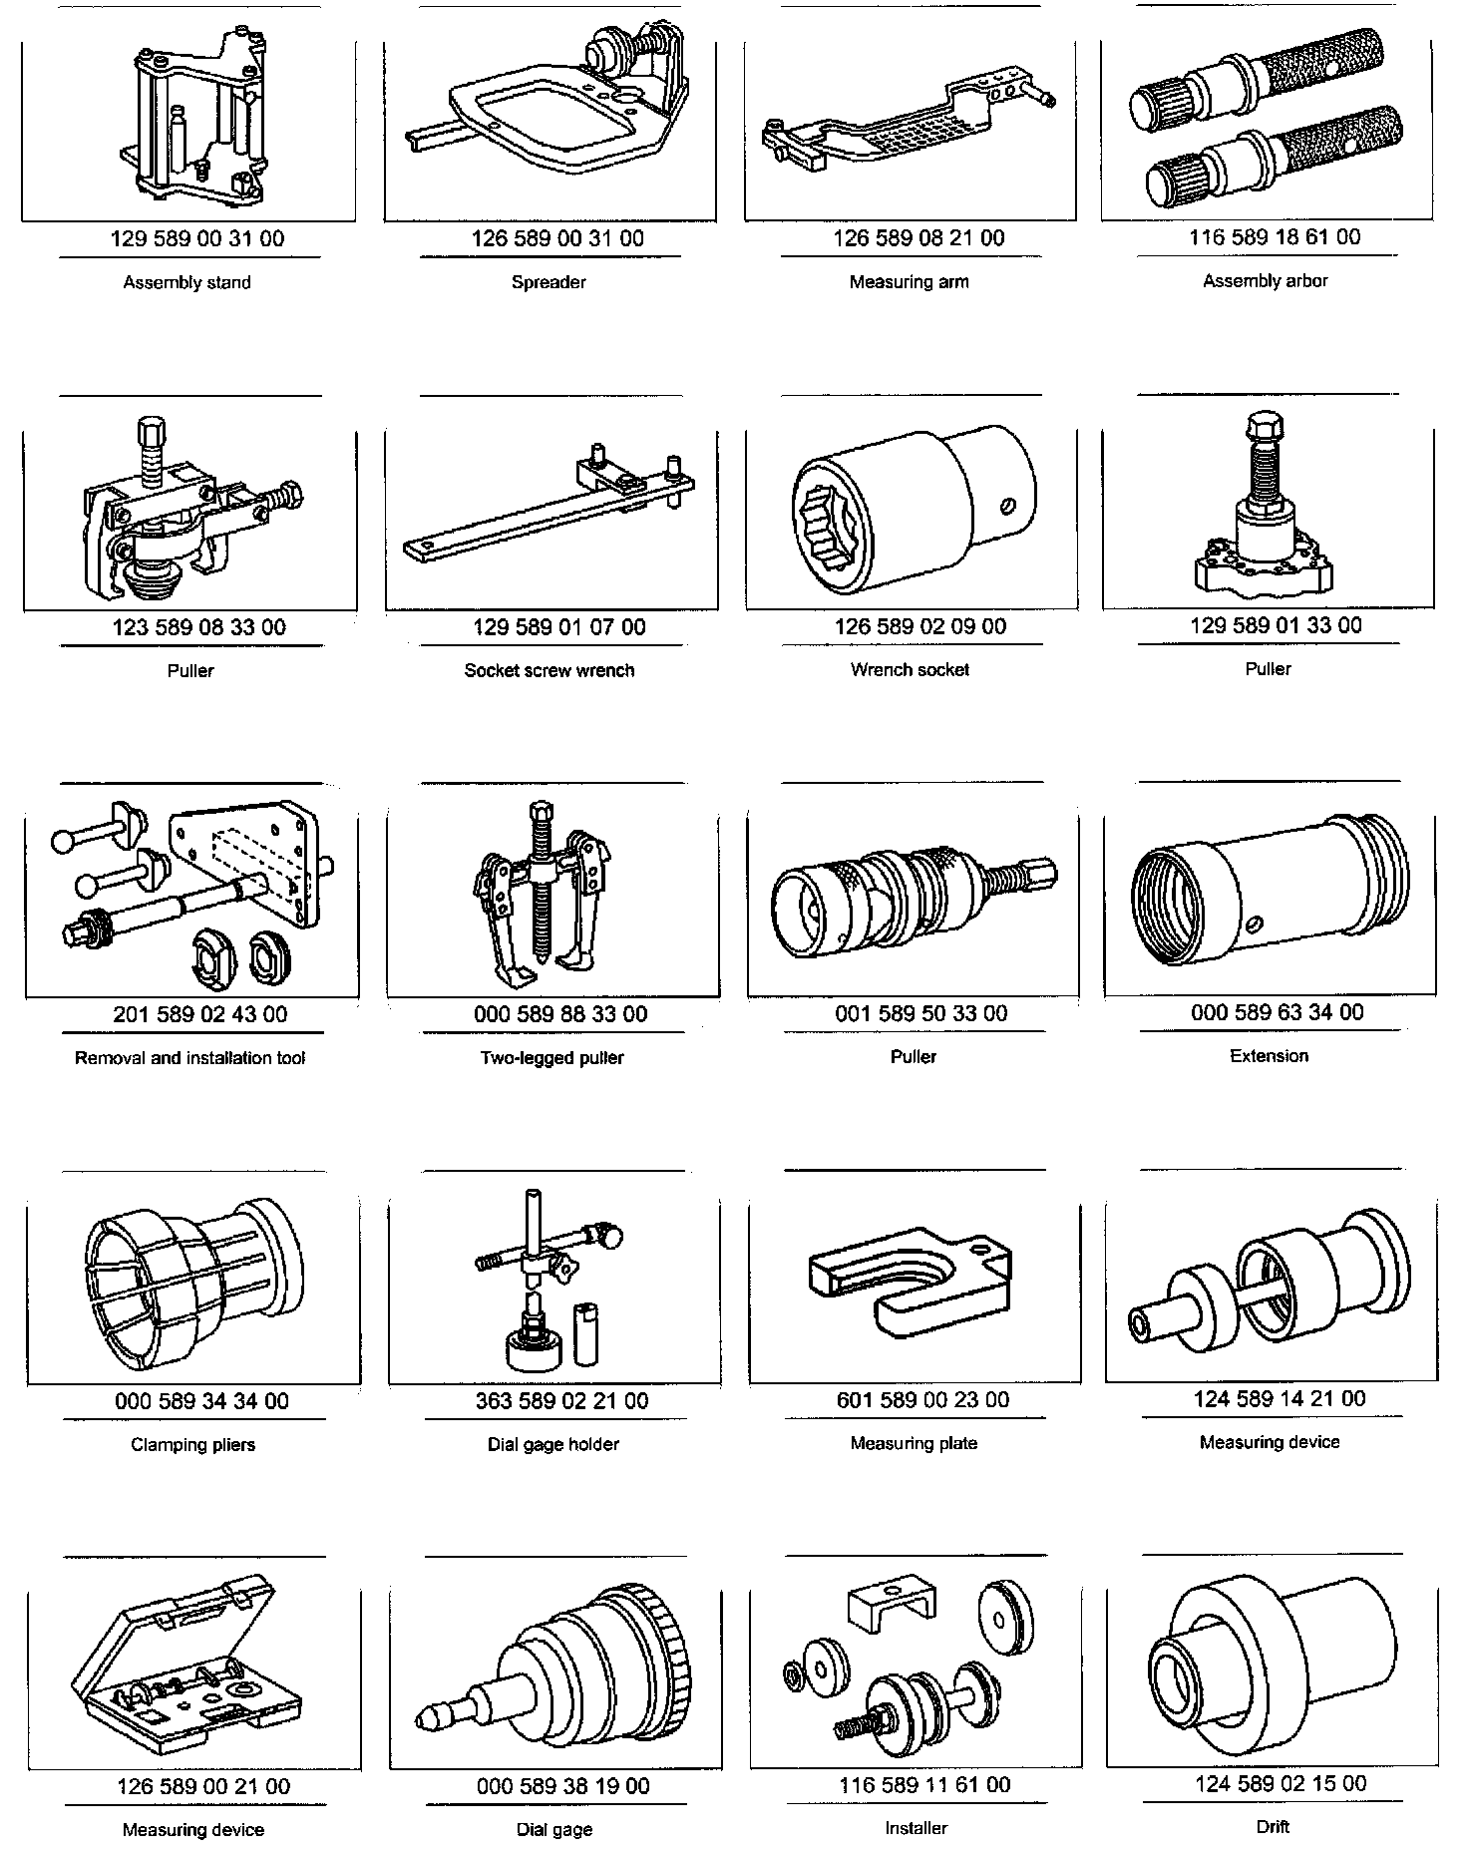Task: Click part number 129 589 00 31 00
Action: click(x=196, y=239)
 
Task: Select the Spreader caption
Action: click(x=549, y=282)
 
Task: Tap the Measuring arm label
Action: click(x=909, y=281)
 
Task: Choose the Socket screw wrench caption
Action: click(x=550, y=670)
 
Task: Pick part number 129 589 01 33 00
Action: click(x=1276, y=625)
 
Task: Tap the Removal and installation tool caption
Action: click(x=190, y=1058)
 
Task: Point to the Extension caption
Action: click(x=1269, y=1055)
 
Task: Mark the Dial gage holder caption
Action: click(x=553, y=1444)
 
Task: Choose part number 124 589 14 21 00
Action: click(x=1280, y=1399)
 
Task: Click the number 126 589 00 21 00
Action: click(x=203, y=1786)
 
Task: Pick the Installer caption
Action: click(x=916, y=1828)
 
